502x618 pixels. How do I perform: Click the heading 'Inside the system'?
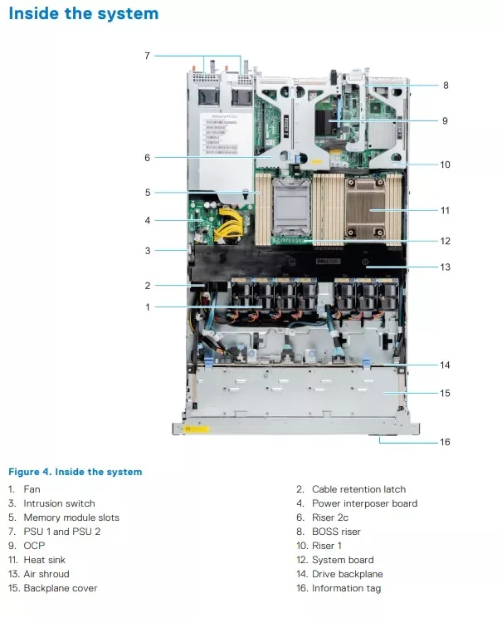click(x=83, y=14)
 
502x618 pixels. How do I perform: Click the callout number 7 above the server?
click(x=147, y=56)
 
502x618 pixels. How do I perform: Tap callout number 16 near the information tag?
click(x=445, y=442)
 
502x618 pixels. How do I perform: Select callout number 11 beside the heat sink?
click(x=445, y=210)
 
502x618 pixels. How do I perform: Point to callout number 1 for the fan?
click(x=147, y=307)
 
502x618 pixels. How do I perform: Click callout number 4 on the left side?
click(x=147, y=220)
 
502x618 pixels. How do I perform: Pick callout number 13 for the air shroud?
click(x=445, y=267)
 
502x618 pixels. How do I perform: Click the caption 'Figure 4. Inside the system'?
click(x=75, y=472)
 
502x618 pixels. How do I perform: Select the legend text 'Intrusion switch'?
click(x=59, y=503)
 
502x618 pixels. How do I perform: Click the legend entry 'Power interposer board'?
click(x=364, y=503)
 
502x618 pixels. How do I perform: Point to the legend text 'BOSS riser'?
click(x=336, y=532)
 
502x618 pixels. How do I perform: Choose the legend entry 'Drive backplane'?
click(x=347, y=574)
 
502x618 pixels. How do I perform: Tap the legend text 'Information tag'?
click(x=346, y=588)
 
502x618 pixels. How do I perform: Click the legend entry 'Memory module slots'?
click(x=71, y=517)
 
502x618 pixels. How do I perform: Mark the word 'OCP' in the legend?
click(x=34, y=546)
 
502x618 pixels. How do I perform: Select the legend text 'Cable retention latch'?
click(x=358, y=489)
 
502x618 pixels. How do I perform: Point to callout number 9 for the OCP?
click(x=445, y=120)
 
